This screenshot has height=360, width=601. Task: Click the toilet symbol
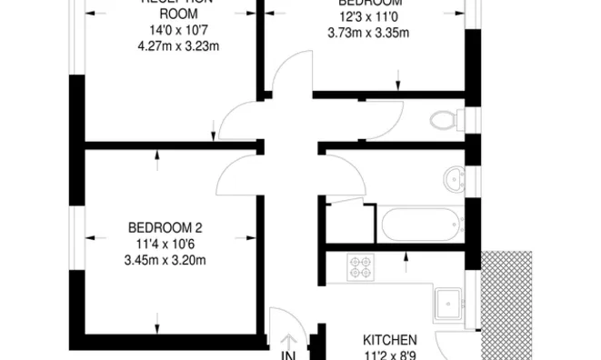click(445, 119)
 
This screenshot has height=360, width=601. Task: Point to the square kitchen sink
click(450, 304)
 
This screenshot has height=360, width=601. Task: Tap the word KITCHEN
click(390, 339)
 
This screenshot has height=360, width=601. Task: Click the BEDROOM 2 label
click(165, 227)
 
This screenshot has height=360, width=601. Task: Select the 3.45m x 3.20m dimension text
click(165, 260)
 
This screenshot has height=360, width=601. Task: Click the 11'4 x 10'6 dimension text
click(165, 244)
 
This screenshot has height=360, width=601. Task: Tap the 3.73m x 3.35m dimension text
click(368, 33)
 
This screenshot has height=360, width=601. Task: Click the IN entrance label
click(289, 354)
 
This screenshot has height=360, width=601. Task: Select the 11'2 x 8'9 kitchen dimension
click(390, 355)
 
